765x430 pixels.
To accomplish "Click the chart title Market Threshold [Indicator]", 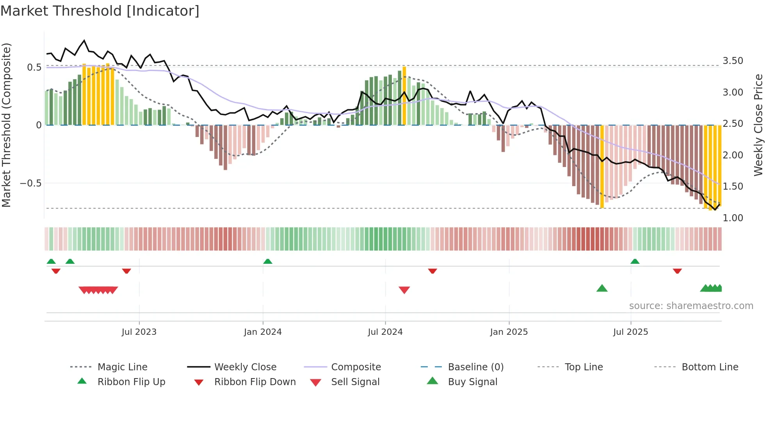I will [x=100, y=11].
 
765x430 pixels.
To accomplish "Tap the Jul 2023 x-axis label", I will [x=139, y=332].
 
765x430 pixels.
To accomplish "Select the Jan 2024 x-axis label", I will [x=263, y=332].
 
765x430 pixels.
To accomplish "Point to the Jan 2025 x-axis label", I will [x=509, y=332].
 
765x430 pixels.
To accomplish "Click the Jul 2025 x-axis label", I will [x=630, y=332].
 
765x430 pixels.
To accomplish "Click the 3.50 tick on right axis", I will [x=733, y=61].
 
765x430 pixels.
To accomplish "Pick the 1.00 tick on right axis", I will [x=733, y=218].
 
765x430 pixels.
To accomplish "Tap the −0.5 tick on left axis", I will [x=30, y=183].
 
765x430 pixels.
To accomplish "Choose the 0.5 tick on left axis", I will [x=34, y=68].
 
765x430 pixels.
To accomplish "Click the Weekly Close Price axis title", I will [x=758, y=125].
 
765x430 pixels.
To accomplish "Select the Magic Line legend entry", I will [x=122, y=367].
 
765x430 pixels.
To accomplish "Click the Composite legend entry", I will [x=356, y=367].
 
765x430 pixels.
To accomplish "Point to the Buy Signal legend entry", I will [x=472, y=382].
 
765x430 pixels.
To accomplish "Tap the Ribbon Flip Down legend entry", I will [x=254, y=382].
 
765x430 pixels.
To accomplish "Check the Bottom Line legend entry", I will [x=710, y=367].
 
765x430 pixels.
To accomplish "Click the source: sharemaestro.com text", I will [x=691, y=306].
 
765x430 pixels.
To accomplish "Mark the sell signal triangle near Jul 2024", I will [x=404, y=290].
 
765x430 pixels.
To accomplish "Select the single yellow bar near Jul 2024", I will [x=404, y=96].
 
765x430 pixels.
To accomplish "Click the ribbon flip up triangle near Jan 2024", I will [x=268, y=261].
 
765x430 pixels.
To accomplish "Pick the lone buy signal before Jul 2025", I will [x=602, y=288].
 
